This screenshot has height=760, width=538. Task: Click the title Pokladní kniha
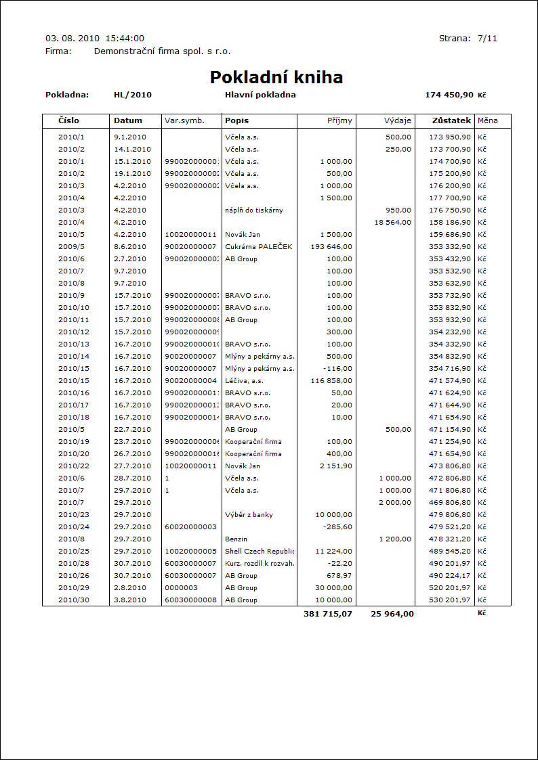[x=276, y=77]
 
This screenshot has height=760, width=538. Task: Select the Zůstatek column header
[x=451, y=120]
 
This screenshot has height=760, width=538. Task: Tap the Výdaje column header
[x=398, y=120]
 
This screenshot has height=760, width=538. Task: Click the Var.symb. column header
[x=184, y=120]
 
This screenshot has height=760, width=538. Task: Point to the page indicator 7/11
[x=487, y=39]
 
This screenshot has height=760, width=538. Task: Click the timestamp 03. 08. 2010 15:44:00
[x=94, y=39]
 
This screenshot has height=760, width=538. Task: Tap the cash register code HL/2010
[x=133, y=95]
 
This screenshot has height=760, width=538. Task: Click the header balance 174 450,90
[x=449, y=95]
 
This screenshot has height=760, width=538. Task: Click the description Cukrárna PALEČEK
[x=259, y=246]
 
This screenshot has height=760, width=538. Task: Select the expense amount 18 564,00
[x=388, y=222]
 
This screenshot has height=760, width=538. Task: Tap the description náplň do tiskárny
[x=254, y=210]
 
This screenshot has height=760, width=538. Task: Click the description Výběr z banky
[x=249, y=514]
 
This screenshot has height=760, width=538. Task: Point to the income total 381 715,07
[x=328, y=614]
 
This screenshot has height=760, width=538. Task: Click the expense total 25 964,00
[x=392, y=614]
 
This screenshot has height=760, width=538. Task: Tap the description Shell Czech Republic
[x=260, y=551]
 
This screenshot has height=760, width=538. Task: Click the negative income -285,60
[x=339, y=527]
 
